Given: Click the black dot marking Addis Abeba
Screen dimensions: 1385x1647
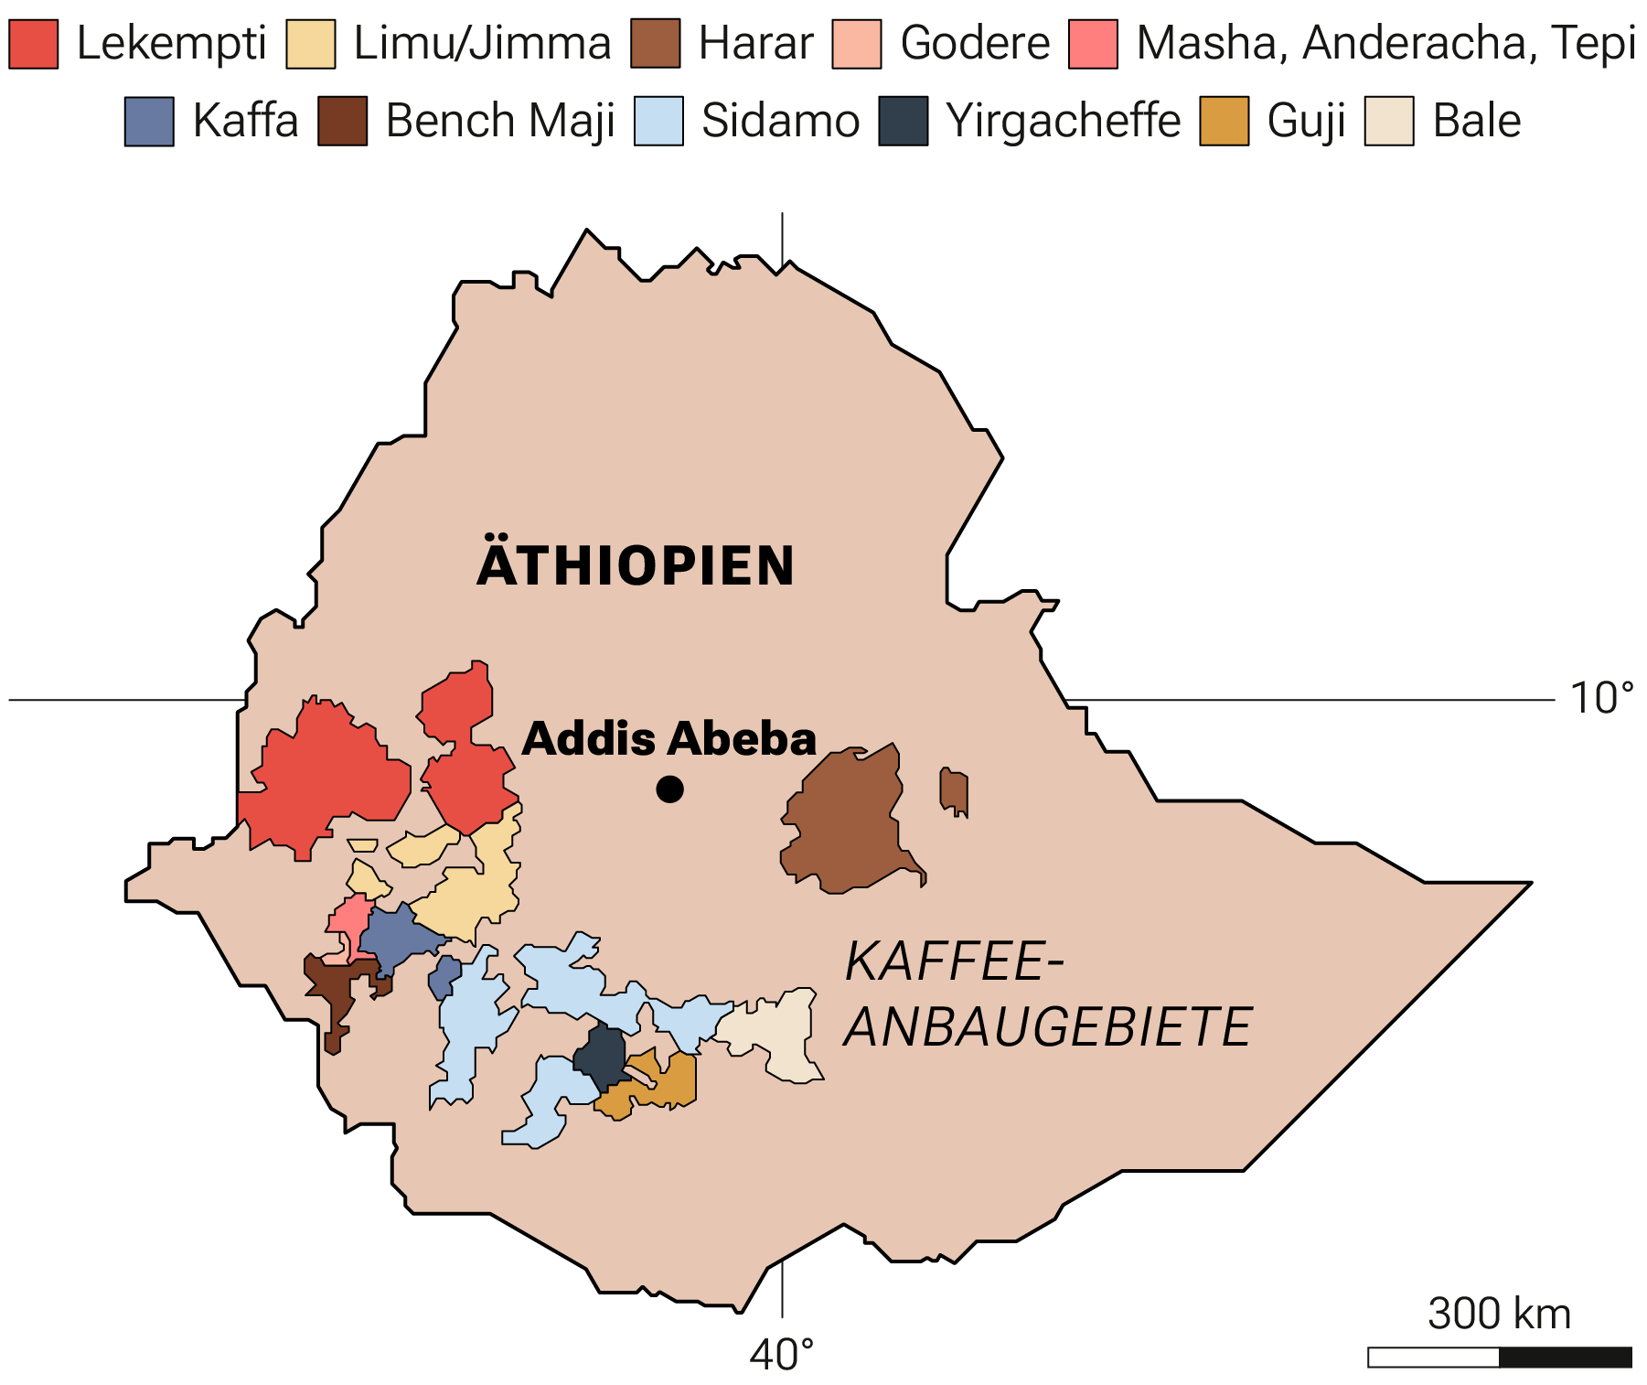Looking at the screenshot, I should pyautogui.click(x=669, y=789).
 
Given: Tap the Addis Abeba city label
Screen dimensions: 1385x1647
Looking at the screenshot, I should pyautogui.click(x=668, y=739).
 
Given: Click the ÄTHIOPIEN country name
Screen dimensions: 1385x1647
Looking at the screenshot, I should pyautogui.click(x=636, y=566).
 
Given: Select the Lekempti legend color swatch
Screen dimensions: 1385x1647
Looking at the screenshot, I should pyautogui.click(x=34, y=43).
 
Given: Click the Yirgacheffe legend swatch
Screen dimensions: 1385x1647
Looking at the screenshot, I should pyautogui.click(x=903, y=121).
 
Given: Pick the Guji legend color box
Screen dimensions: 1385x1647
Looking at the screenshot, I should pyautogui.click(x=1224, y=121).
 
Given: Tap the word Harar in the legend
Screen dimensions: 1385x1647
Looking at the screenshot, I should pyautogui.click(x=755, y=43).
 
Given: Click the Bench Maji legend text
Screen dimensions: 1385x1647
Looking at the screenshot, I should pyautogui.click(x=499, y=121).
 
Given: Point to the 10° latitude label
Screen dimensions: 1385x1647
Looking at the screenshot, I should pyautogui.click(x=1601, y=699).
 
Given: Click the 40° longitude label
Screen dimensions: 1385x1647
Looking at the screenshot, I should pyautogui.click(x=781, y=1355).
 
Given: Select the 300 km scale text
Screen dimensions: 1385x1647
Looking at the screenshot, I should pyautogui.click(x=1499, y=1314).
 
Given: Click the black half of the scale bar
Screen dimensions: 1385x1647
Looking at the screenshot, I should pyautogui.click(x=1565, y=1358).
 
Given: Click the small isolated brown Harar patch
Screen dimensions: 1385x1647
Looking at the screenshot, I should pyautogui.click(x=954, y=791).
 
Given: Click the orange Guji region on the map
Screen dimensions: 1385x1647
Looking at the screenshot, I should pyautogui.click(x=672, y=1084).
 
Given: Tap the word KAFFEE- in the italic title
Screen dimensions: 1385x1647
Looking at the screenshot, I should pyautogui.click(x=954, y=962).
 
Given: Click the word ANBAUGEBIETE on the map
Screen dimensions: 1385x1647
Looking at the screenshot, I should pyautogui.click(x=1047, y=1027).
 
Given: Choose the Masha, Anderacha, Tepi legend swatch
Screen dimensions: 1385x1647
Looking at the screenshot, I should pyautogui.click(x=1093, y=43).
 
